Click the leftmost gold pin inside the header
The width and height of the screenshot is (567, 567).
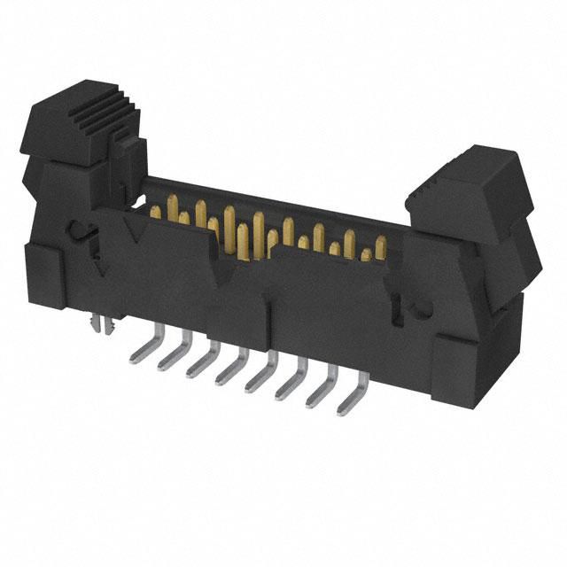tap(155, 212)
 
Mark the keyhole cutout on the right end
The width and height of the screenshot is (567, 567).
tap(417, 307)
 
